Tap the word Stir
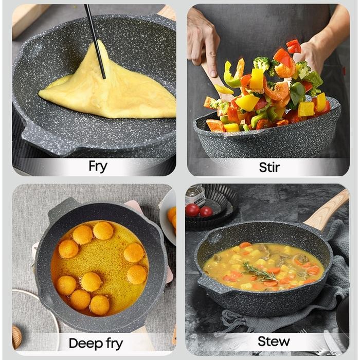coord(269,167)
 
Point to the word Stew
coord(273,341)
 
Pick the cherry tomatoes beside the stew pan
coord(199,210)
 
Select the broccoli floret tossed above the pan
coord(261,64)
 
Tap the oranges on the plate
coord(172,217)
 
